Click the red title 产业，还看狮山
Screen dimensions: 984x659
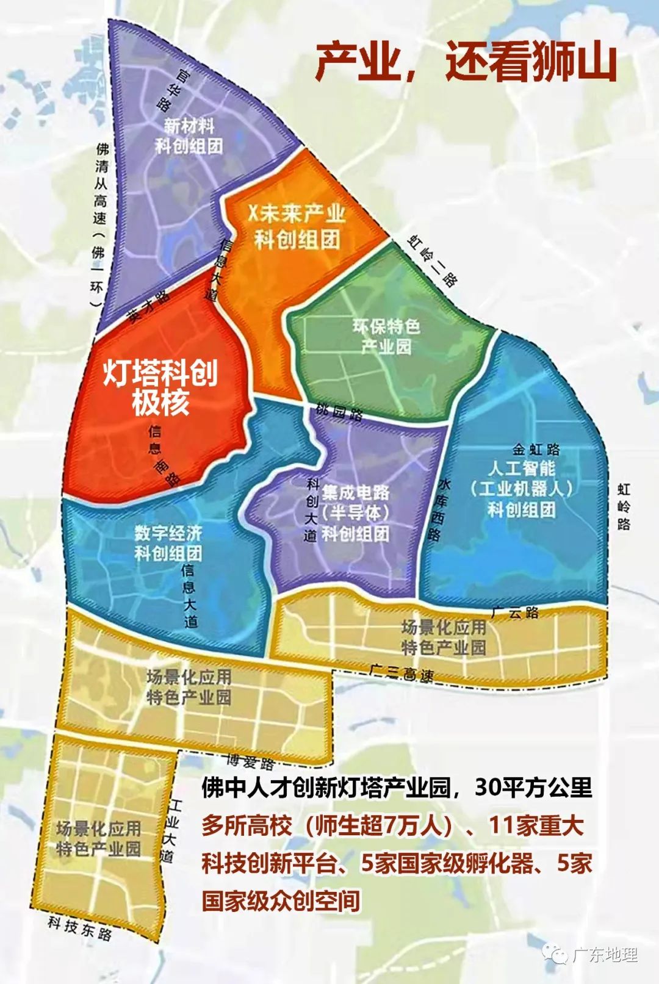coord(466,62)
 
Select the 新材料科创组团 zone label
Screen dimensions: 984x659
coord(189,136)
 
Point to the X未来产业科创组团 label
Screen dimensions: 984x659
coord(297,226)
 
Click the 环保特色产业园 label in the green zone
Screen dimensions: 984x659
coord(386,336)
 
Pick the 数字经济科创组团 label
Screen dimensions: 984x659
coord(168,543)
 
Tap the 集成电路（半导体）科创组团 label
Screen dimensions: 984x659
coord(356,513)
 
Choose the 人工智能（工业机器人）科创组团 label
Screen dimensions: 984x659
coord(522,488)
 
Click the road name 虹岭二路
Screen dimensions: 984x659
coord(432,260)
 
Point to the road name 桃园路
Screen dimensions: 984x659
coord(339,412)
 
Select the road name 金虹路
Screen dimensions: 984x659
coord(536,450)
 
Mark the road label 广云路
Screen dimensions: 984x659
coord(515,612)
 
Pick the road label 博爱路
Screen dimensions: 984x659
coord(250,761)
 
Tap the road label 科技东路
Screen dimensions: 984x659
coord(80,928)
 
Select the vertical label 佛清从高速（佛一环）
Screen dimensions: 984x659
coord(101,226)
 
